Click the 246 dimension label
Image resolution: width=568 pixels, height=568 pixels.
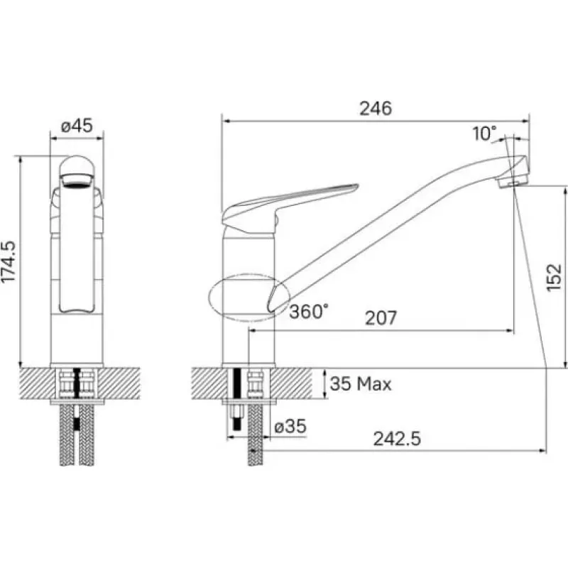(x=376, y=109)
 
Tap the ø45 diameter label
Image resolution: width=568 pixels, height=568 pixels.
(x=77, y=126)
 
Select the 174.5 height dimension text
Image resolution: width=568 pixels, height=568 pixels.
(x=9, y=261)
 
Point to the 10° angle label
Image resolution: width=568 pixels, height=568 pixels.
(x=485, y=133)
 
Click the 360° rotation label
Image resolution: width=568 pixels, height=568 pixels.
(x=309, y=311)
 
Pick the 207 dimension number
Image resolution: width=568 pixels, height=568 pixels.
(x=381, y=318)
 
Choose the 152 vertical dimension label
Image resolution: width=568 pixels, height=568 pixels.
(x=554, y=278)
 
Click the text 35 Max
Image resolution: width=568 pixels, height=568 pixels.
(x=361, y=383)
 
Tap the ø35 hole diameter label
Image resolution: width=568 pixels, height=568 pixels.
(x=290, y=426)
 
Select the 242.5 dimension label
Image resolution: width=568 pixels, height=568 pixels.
(x=397, y=439)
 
